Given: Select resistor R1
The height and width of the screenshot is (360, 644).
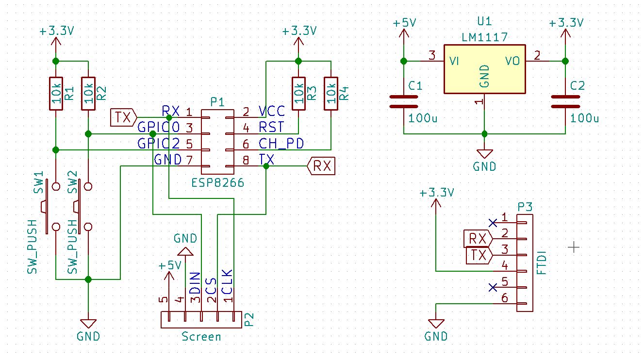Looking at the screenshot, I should (x=56, y=93).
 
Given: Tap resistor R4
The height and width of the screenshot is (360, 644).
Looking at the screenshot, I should (x=331, y=93).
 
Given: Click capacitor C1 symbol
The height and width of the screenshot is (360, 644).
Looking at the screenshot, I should (x=403, y=101).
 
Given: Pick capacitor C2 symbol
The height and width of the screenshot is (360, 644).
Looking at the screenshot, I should (x=565, y=101).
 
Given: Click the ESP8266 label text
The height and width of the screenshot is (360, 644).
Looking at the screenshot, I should (x=218, y=183).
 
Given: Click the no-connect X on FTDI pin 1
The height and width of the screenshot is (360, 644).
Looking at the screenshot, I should (x=493, y=223).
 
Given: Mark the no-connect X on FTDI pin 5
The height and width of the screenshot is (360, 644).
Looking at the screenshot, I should (x=493, y=287).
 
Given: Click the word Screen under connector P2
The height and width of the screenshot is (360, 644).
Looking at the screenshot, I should (x=201, y=336).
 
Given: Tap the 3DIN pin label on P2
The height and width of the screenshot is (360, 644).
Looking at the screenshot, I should (x=195, y=288).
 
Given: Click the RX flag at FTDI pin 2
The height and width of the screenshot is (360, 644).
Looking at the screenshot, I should (x=477, y=239).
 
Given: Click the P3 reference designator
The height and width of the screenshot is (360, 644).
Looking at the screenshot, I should (x=525, y=207).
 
